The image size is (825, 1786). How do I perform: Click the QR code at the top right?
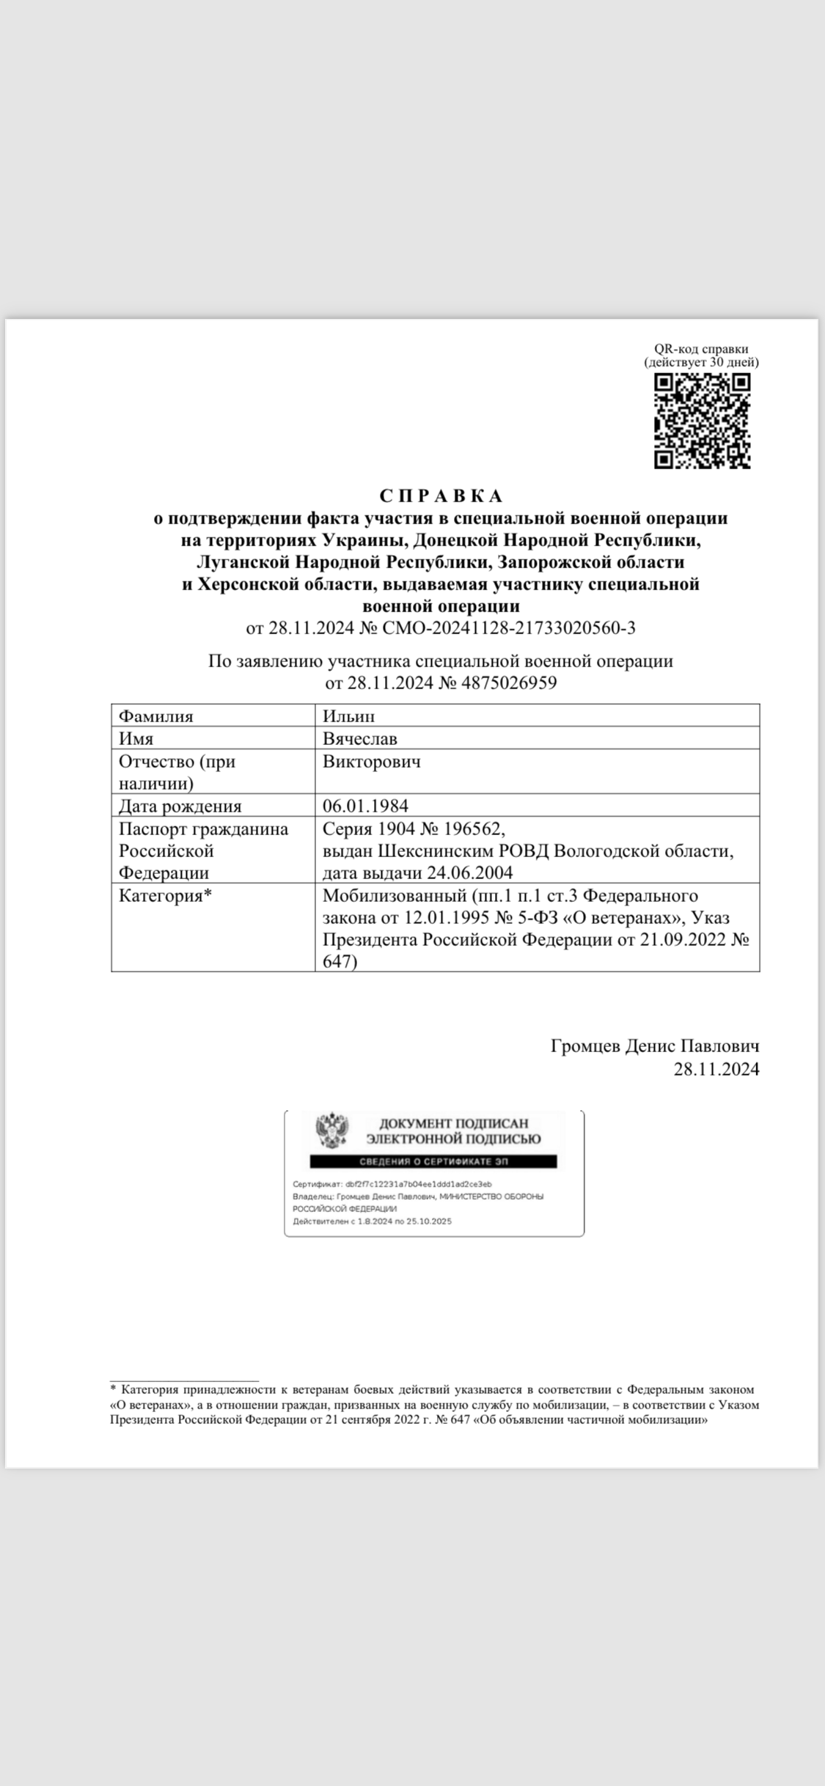(702, 421)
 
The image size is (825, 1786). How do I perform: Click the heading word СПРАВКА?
(441, 496)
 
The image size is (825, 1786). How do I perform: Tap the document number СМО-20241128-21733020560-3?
(509, 628)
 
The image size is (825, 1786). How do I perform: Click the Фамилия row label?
(156, 716)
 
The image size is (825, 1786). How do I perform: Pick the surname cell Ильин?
(349, 716)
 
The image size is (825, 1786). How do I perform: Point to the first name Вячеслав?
(360, 738)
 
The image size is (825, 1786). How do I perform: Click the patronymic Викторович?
(372, 761)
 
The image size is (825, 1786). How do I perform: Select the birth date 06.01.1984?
(365, 806)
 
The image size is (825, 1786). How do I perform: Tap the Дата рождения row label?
(180, 806)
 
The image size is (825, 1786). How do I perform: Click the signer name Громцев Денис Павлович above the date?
(654, 1046)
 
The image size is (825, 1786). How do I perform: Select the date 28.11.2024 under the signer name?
(716, 1069)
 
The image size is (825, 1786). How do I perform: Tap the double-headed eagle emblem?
(332, 1131)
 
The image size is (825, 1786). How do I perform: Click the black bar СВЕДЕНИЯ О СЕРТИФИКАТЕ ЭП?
(433, 1161)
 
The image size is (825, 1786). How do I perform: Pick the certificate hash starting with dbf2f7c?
(418, 1184)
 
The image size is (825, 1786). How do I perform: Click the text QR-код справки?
(701, 349)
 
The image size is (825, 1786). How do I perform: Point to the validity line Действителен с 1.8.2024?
(372, 1221)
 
